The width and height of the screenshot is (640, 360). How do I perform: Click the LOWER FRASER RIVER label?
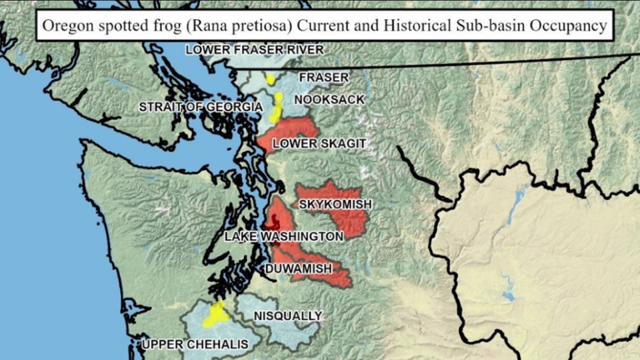click(x=255, y=50)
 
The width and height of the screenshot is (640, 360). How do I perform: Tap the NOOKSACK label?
click(x=329, y=100)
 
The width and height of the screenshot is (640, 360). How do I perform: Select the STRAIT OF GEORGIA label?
click(x=201, y=107)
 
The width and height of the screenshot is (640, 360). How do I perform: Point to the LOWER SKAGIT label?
click(x=309, y=143)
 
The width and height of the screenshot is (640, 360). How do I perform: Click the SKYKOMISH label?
click(x=335, y=203)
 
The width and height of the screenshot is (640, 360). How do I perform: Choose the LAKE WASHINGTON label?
click(x=284, y=237)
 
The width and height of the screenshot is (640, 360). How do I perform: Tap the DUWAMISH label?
click(x=299, y=269)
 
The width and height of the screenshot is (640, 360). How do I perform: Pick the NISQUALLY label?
click(x=288, y=315)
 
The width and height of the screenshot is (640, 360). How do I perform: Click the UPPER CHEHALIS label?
click(x=195, y=345)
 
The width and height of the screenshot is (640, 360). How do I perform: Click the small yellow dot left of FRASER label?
click(x=270, y=79)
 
